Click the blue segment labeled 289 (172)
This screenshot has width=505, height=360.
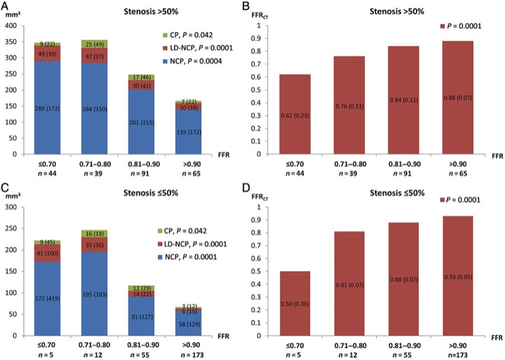[50, 107]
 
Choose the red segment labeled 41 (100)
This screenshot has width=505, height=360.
[50, 253]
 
